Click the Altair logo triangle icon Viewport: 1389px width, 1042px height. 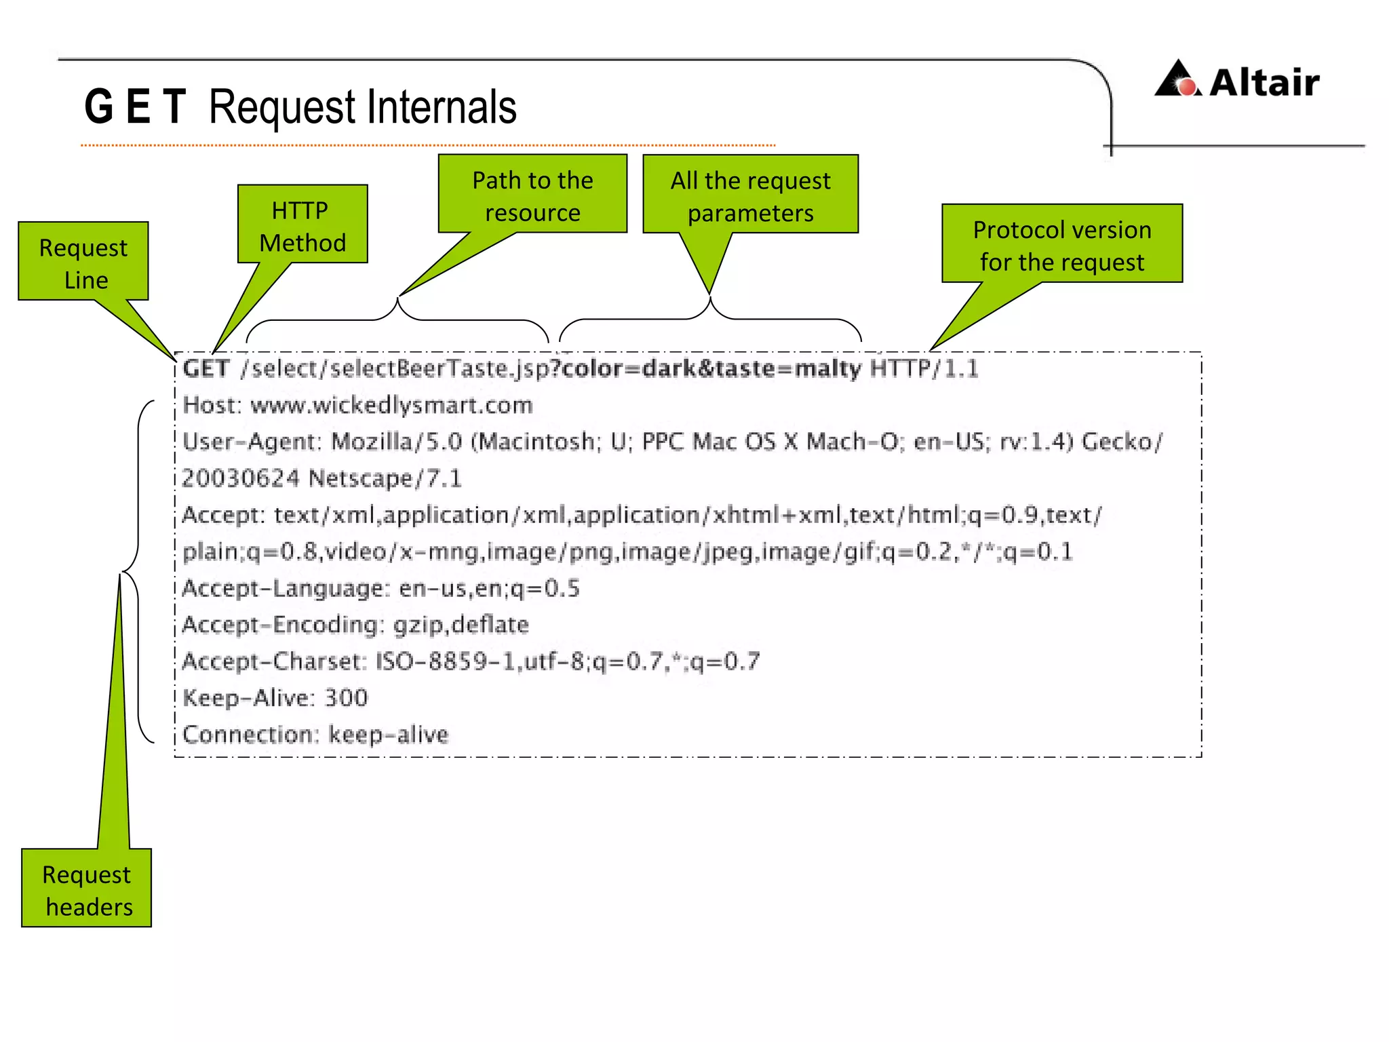[x=1178, y=79]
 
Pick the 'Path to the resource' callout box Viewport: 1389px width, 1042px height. [x=532, y=196]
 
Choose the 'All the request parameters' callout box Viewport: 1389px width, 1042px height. [x=750, y=196]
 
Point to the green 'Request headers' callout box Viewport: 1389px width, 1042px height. [x=87, y=889]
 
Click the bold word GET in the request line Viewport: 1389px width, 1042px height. [x=206, y=368]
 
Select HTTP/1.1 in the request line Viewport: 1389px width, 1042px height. [x=924, y=368]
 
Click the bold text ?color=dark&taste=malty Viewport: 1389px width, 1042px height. [x=705, y=368]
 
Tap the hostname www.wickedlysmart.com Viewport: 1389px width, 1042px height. [x=391, y=405]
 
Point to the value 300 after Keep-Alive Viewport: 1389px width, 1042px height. [x=346, y=697]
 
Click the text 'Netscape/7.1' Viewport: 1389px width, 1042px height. [x=385, y=478]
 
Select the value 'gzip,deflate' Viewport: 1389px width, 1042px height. [x=461, y=624]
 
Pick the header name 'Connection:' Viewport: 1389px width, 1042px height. [x=250, y=734]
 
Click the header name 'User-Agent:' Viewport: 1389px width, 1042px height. [x=252, y=442]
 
